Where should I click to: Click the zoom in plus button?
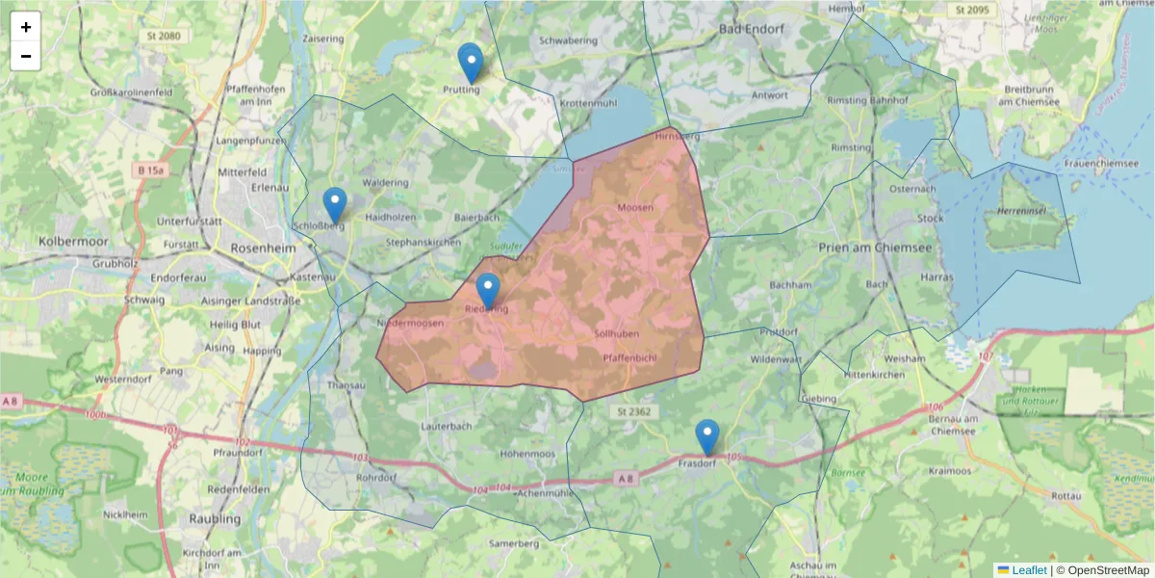(26, 27)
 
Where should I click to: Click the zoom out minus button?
(26, 57)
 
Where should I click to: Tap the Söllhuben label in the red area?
(617, 333)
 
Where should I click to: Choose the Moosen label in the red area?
(635, 207)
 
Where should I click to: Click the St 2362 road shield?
(634, 411)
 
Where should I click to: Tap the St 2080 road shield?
(164, 37)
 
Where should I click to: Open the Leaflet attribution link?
(1028, 570)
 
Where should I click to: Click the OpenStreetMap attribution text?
(1108, 570)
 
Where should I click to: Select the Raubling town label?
(216, 518)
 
